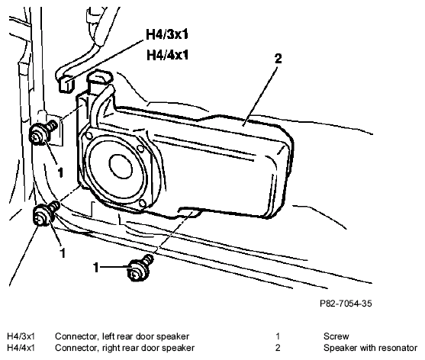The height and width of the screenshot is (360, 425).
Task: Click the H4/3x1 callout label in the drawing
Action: click(x=166, y=34)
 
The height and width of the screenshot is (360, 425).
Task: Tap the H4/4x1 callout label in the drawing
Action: click(x=167, y=55)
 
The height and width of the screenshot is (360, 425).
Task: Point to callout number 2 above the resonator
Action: click(x=279, y=59)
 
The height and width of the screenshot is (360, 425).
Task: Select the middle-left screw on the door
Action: click(x=46, y=213)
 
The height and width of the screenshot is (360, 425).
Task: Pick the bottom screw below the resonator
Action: click(x=140, y=268)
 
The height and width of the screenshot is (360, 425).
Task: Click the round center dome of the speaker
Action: click(x=121, y=166)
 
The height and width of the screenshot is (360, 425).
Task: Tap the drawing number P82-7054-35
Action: click(x=346, y=304)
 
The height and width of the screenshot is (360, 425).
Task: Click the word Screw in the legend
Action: click(x=336, y=336)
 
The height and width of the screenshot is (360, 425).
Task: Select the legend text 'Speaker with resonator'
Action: click(x=370, y=348)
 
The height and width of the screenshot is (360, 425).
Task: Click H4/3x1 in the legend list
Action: click(x=21, y=336)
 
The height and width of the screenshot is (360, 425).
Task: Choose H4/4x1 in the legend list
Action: click(x=21, y=348)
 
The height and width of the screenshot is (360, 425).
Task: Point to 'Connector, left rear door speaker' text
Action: click(x=122, y=336)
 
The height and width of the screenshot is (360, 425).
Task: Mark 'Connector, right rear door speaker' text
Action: click(x=124, y=348)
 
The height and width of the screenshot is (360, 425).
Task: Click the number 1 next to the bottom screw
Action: click(x=96, y=268)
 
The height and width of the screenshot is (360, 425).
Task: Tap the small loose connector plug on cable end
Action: click(x=66, y=84)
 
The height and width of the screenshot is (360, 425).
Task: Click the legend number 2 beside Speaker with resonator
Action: click(x=278, y=348)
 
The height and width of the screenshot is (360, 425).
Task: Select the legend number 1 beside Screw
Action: click(x=278, y=336)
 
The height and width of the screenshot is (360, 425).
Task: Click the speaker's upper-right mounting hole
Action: click(x=140, y=149)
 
